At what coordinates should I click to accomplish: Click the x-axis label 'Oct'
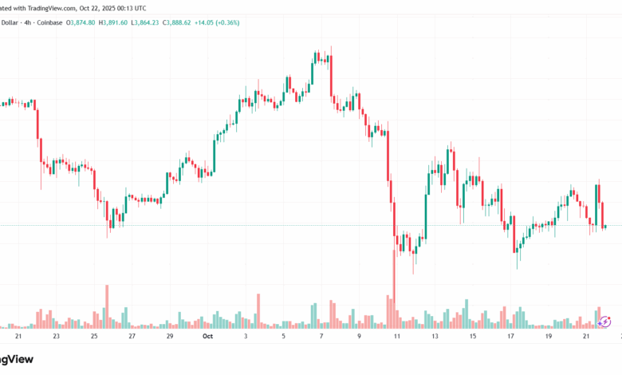(x=208, y=337)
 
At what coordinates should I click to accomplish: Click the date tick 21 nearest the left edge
(x=18, y=337)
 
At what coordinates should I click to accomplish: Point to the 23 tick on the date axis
(x=56, y=337)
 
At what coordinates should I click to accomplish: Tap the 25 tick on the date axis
(x=94, y=337)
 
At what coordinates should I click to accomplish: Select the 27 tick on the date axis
(x=132, y=337)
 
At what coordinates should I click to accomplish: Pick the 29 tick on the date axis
(x=170, y=337)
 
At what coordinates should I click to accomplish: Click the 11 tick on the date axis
(x=396, y=337)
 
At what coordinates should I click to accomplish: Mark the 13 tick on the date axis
(x=435, y=337)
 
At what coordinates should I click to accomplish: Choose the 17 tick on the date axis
(x=511, y=337)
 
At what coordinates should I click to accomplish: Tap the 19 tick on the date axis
(x=549, y=337)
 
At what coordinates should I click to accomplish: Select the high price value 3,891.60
(x=128, y=23)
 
